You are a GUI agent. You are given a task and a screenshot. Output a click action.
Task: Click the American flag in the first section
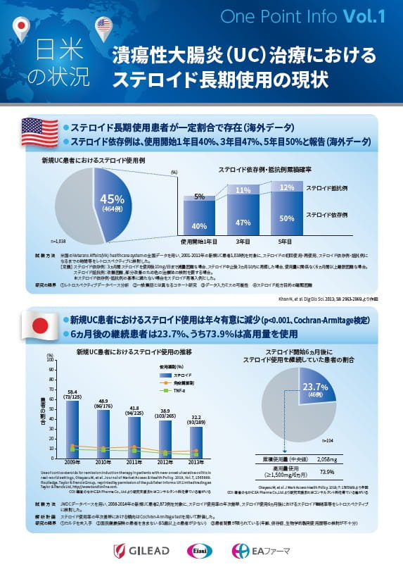pyautogui.click(x=39, y=131)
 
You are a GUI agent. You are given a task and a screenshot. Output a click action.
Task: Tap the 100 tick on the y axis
pyautogui.click(x=50, y=359)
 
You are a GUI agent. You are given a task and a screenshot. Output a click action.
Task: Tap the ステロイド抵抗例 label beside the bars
pyautogui.click(x=329, y=189)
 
